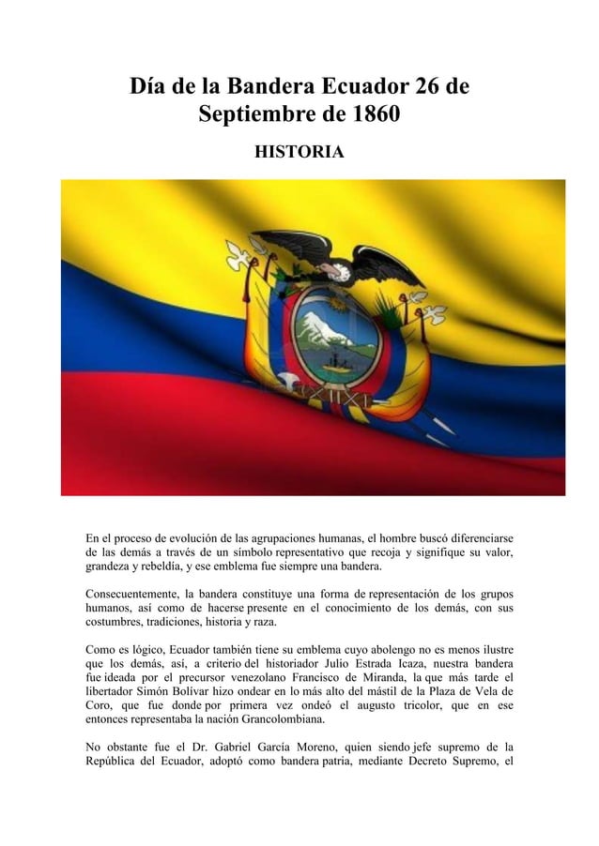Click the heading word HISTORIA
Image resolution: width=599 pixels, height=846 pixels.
coord(299,151)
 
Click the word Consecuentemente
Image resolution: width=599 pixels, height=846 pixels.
coord(132,594)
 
